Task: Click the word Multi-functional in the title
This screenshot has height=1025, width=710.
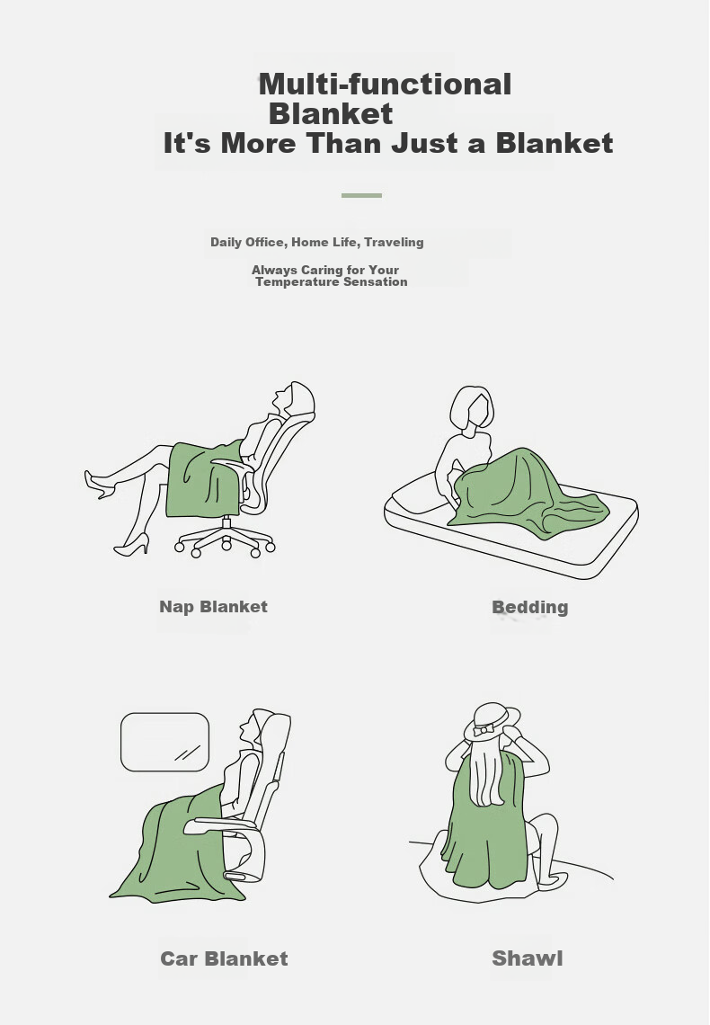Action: tap(385, 85)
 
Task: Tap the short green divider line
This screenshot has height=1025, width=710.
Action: tap(361, 195)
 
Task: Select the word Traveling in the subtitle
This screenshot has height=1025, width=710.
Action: tap(394, 242)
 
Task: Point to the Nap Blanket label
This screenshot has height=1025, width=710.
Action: tap(214, 607)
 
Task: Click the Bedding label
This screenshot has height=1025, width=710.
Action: tap(529, 607)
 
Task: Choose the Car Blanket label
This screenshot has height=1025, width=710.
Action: tap(224, 958)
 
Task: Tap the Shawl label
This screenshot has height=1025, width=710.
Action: tap(528, 958)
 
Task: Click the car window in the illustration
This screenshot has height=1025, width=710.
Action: tap(164, 742)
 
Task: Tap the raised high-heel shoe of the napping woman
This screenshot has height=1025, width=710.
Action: tap(99, 484)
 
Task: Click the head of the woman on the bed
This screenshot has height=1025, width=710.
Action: tap(472, 407)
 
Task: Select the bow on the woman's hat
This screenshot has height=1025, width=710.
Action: tap(484, 729)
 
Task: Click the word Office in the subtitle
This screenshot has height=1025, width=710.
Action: tap(264, 242)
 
